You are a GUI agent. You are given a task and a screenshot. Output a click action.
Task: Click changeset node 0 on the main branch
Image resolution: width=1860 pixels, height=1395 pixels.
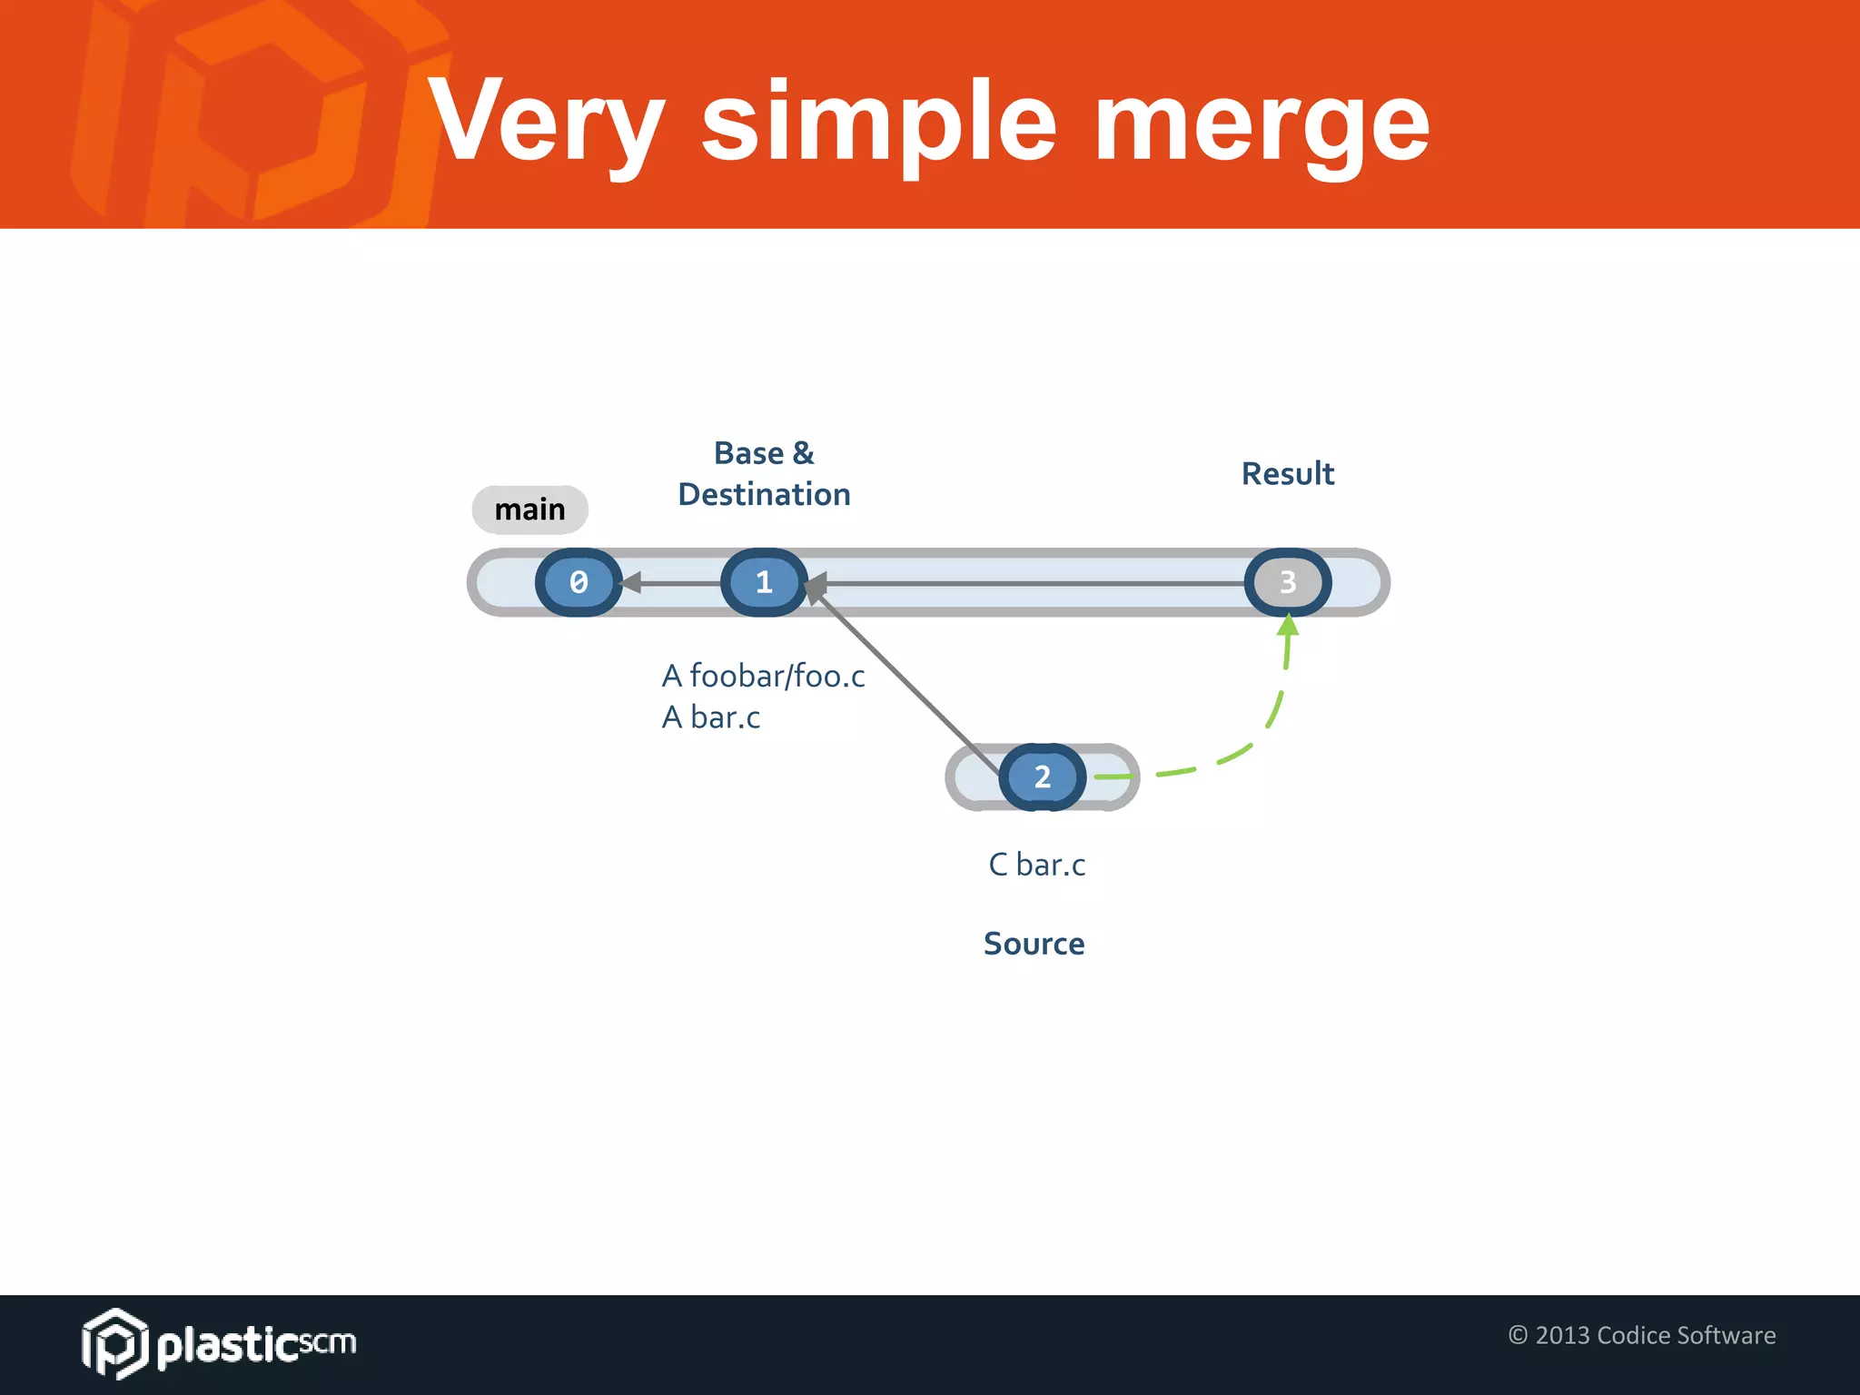(x=579, y=582)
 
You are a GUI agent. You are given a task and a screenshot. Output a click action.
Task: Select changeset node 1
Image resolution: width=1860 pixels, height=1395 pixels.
(x=764, y=582)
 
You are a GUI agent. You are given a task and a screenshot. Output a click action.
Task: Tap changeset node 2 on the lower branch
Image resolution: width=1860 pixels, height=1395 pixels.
(x=1042, y=777)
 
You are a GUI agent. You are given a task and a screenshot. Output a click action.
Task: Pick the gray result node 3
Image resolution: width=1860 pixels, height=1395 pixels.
(x=1288, y=582)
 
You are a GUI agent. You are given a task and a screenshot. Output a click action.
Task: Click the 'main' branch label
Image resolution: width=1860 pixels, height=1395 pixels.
(x=529, y=510)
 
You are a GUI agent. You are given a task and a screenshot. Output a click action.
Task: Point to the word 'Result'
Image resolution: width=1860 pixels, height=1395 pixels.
(x=1287, y=474)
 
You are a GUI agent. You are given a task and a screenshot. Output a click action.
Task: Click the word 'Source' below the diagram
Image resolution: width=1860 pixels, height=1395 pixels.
(x=1034, y=944)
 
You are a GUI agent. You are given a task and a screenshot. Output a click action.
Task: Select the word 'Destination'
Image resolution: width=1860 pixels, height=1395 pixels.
(x=764, y=495)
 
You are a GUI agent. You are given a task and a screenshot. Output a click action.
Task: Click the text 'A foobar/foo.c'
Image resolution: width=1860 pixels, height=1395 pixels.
(x=763, y=676)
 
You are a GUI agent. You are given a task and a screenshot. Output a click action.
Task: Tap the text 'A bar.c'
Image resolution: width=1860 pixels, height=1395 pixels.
(x=710, y=717)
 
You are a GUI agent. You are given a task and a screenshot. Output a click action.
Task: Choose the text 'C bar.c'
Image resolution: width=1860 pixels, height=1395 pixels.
(x=1036, y=865)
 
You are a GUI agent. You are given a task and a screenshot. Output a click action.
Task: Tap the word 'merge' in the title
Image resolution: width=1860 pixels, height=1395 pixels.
(x=1262, y=123)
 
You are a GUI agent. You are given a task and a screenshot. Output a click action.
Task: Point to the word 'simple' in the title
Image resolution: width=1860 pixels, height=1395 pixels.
(x=879, y=123)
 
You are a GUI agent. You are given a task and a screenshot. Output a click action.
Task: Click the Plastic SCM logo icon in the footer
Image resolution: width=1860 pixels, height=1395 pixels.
(x=114, y=1343)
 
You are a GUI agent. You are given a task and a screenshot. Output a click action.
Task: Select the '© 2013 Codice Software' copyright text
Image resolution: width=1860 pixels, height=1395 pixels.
(x=1641, y=1335)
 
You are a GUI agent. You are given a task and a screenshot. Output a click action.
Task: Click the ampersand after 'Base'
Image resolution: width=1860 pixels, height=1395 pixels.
(x=803, y=452)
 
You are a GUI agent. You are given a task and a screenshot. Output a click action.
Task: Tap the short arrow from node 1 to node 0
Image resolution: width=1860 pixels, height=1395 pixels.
(x=672, y=582)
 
